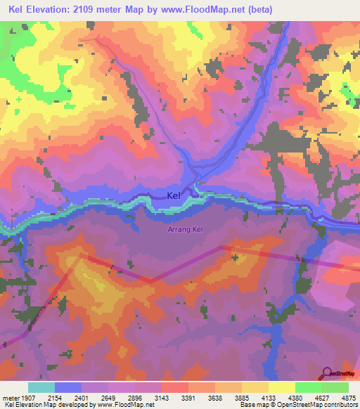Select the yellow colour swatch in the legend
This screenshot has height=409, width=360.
point(281,387)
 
